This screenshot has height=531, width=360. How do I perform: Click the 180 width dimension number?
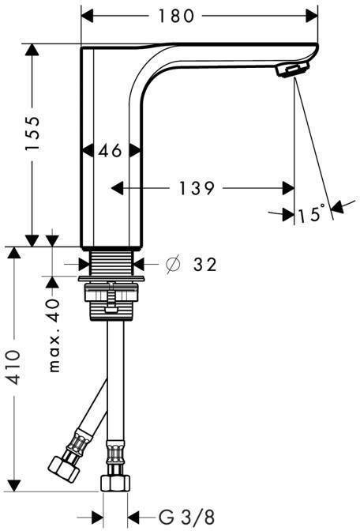click(x=176, y=16)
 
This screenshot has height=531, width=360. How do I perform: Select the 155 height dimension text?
click(x=33, y=133)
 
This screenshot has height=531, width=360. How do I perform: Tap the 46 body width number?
click(x=111, y=150)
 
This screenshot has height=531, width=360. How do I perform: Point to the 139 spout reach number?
click(x=197, y=188)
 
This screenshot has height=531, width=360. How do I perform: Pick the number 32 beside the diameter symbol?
click(x=204, y=264)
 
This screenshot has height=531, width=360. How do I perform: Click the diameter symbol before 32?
click(x=173, y=265)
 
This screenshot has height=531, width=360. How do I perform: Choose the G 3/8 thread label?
click(x=186, y=518)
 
